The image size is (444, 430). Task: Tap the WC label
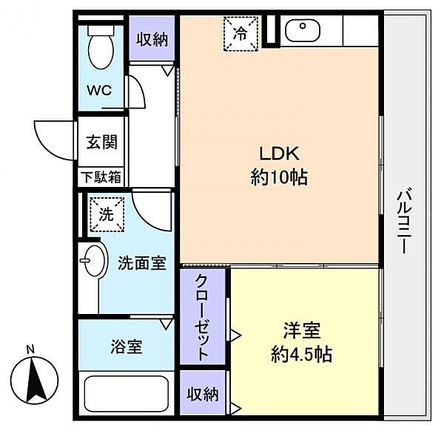pyautogui.click(x=99, y=90)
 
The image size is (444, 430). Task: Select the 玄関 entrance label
pyautogui.click(x=101, y=142)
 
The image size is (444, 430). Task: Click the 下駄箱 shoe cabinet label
pyautogui.click(x=101, y=177)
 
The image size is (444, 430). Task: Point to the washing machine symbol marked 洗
pyautogui.click(x=107, y=214)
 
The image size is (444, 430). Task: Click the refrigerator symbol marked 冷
pyautogui.click(x=240, y=34)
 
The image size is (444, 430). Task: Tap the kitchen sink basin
pyautogui.click(x=303, y=31)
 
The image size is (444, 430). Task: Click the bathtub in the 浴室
pyautogui.click(x=127, y=393)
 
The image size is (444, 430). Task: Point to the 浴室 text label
pyautogui.click(x=127, y=347)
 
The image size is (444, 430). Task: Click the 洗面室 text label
pyautogui.click(x=141, y=263)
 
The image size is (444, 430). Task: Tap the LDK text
pyautogui.click(x=279, y=154)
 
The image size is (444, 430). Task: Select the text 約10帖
pyautogui.click(x=279, y=178)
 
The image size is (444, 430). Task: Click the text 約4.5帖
pyautogui.click(x=301, y=354)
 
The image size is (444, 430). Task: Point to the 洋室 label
pyautogui.click(x=302, y=330)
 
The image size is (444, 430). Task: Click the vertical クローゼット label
pyautogui.click(x=203, y=317)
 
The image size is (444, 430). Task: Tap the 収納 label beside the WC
pyautogui.click(x=152, y=39)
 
